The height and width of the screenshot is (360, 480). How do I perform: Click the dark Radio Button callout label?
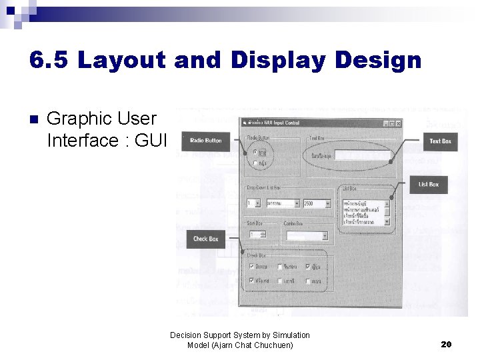205,141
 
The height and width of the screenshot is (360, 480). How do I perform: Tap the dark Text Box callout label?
440,141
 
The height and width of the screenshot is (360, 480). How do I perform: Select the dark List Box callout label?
428,184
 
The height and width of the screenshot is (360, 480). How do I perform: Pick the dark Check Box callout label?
205,238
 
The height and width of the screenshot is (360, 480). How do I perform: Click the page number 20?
447,344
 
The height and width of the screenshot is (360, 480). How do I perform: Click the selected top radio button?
254,152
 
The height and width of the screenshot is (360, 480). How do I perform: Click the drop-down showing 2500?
316,203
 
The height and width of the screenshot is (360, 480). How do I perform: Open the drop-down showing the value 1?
253,203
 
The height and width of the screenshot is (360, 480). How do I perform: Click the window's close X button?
398,123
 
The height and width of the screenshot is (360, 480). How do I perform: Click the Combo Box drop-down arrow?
325,235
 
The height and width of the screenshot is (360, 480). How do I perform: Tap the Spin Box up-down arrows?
263,235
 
